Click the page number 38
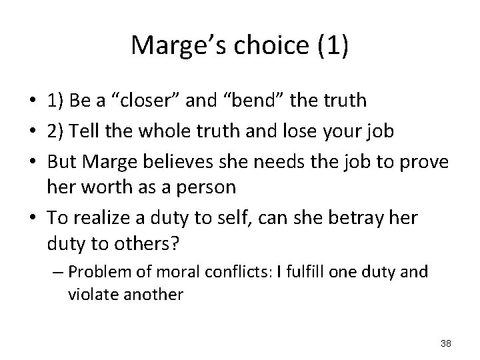446,343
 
